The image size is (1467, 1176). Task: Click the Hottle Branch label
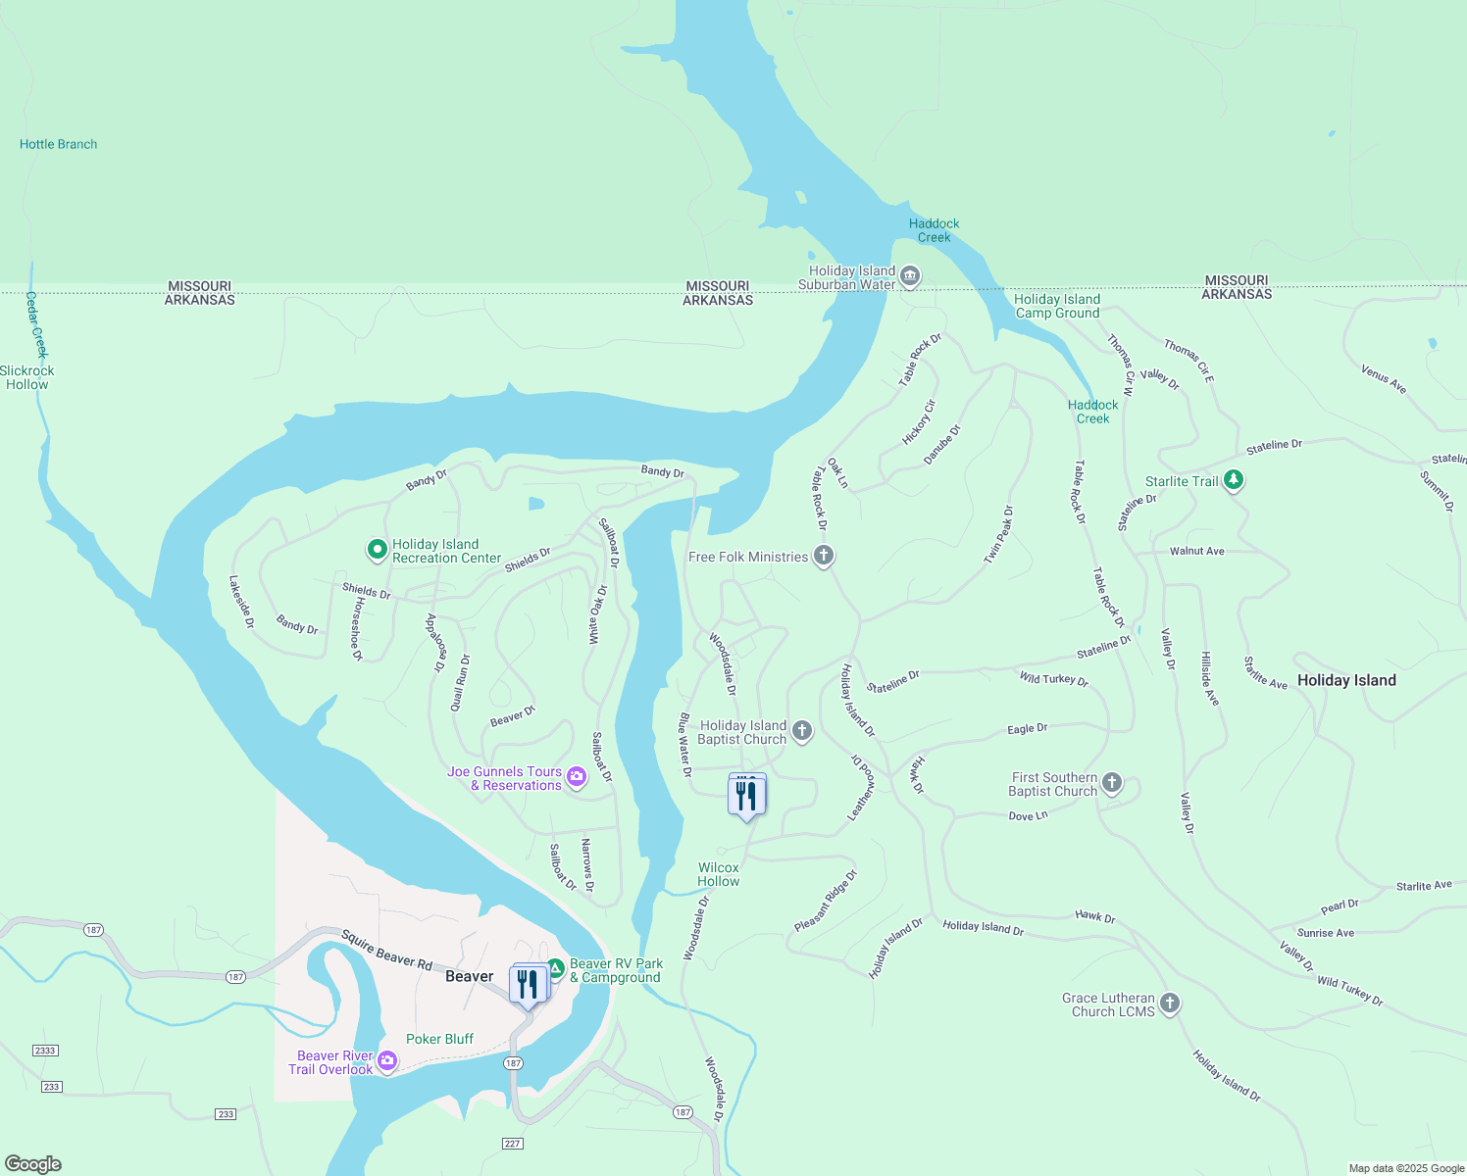click(x=59, y=144)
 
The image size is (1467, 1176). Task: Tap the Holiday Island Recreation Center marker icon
click(x=377, y=550)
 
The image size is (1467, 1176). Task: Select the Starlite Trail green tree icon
click(x=1234, y=480)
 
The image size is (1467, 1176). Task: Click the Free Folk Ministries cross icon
click(x=824, y=556)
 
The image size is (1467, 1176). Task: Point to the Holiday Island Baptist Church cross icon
click(x=802, y=730)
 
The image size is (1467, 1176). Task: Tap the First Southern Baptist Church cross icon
click(x=1111, y=782)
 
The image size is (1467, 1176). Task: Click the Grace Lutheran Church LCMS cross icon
click(x=1169, y=1003)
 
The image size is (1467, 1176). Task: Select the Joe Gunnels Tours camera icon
click(x=577, y=777)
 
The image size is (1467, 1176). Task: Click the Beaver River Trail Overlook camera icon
click(x=387, y=1061)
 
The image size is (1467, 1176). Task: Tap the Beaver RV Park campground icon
click(x=555, y=968)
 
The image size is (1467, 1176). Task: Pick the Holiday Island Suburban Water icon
click(x=909, y=276)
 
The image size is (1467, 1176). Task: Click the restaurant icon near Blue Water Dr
click(x=746, y=795)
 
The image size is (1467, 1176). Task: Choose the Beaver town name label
click(x=470, y=976)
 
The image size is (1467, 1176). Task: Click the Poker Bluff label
click(x=439, y=1039)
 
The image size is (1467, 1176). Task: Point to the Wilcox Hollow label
click(x=719, y=874)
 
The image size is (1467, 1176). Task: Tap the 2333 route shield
click(x=45, y=1051)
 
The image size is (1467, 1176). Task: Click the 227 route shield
click(x=512, y=1144)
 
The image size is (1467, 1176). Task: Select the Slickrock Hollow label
click(x=27, y=377)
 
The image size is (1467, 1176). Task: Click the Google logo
click(x=33, y=1164)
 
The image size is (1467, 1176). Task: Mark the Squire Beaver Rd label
click(x=386, y=951)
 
